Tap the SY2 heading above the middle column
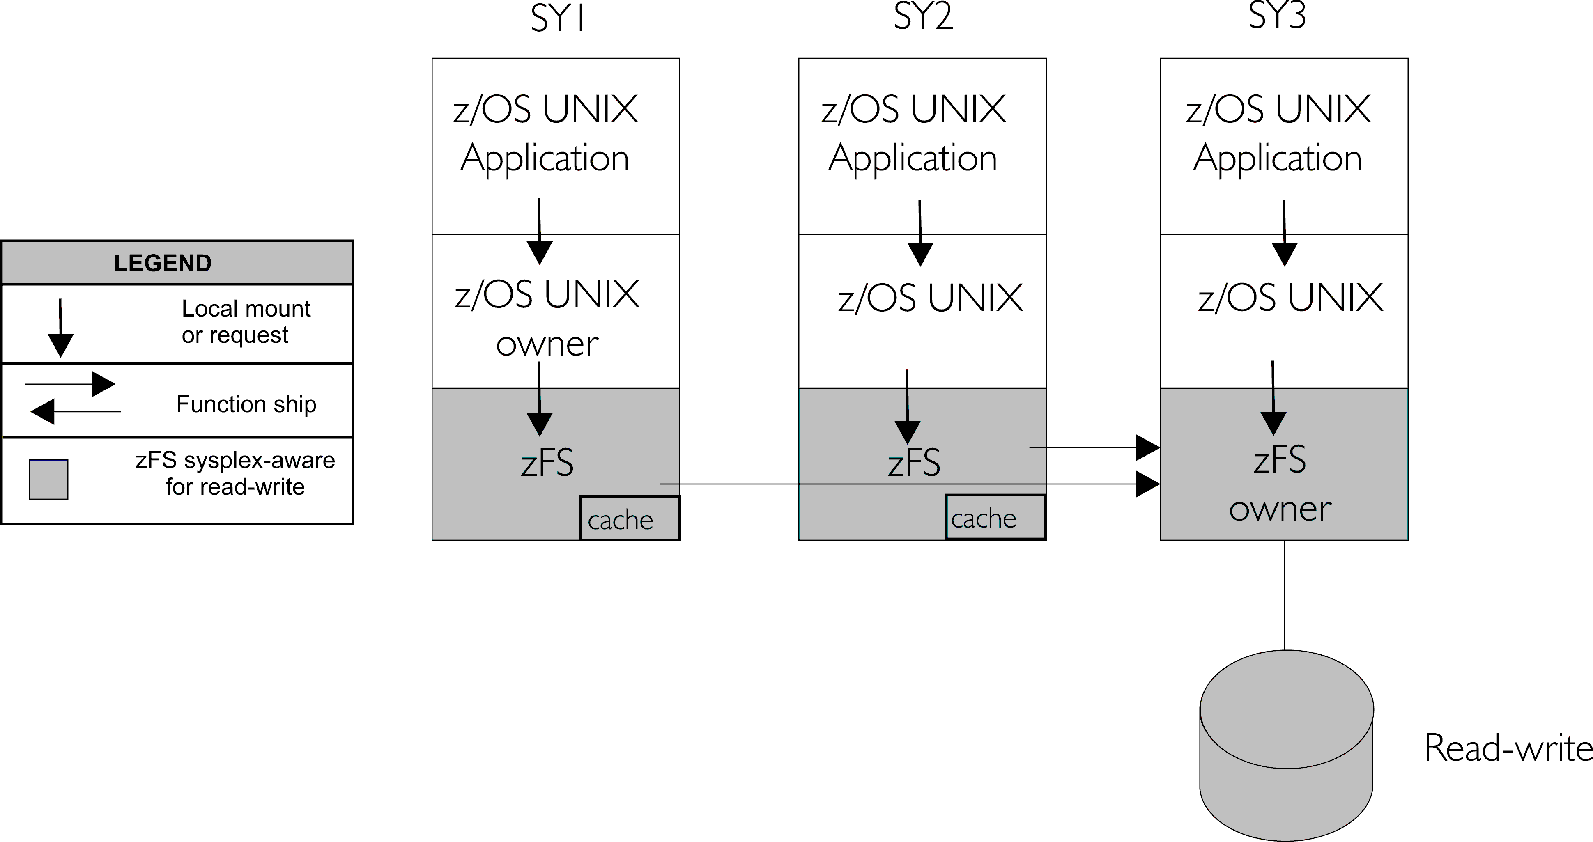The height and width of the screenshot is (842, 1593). coord(923,17)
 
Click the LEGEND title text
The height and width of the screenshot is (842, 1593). coord(163,264)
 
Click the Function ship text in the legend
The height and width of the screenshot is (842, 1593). coord(246,404)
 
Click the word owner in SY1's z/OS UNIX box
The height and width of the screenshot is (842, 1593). coord(547,344)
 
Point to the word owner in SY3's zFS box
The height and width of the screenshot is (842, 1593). coord(1280,509)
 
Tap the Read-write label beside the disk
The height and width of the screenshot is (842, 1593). coord(1508,748)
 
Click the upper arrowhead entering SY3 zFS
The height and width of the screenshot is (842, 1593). coord(1147,447)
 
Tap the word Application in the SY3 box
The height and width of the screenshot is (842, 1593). coord(1277,159)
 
